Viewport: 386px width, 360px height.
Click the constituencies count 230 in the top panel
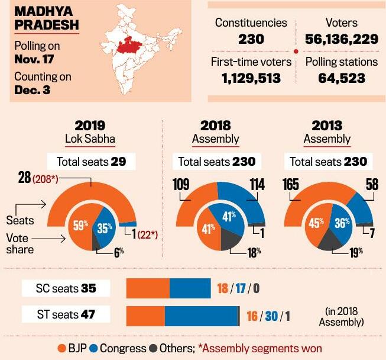pos(251,38)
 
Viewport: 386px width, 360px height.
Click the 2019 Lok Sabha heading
pos(90,131)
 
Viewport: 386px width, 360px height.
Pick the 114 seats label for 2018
pos(256,184)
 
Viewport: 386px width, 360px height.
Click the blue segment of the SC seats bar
pos(190,289)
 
